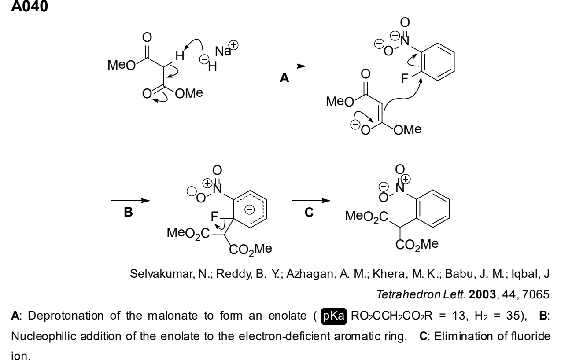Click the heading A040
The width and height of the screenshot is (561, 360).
[30, 6]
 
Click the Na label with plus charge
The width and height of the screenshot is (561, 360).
[226, 49]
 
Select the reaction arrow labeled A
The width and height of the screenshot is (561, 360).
[286, 66]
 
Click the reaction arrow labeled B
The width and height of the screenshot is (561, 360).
[130, 201]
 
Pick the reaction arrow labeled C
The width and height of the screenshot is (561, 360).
[311, 201]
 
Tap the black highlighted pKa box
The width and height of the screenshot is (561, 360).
[334, 316]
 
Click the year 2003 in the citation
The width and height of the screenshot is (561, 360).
[482, 294]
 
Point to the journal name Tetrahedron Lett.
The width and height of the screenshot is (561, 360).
[421, 294]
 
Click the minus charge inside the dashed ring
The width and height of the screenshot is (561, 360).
[249, 209]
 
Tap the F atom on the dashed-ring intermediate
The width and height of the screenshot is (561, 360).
[214, 216]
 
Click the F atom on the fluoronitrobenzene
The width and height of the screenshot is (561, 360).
[405, 79]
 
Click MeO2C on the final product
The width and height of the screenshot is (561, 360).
[366, 217]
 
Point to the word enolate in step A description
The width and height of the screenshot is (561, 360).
[287, 316]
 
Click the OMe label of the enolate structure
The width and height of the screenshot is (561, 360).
[407, 130]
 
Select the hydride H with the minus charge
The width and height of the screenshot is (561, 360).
[212, 66]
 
